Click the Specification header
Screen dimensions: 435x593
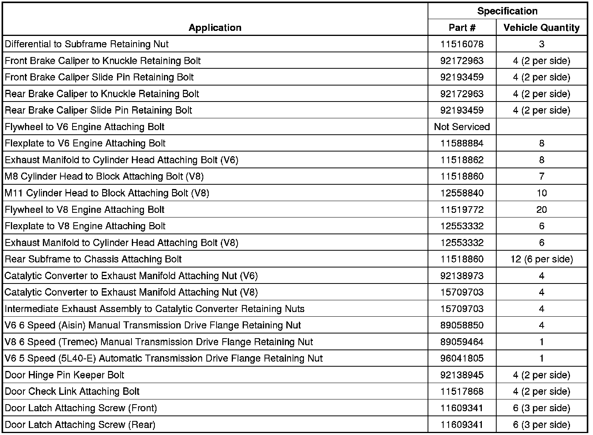tap(507, 11)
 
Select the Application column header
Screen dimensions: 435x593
tap(215, 27)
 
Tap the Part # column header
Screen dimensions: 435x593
tap(462, 27)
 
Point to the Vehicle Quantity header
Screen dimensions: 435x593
tap(542, 27)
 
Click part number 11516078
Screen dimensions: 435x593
tap(462, 44)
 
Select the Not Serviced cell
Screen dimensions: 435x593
tap(462, 127)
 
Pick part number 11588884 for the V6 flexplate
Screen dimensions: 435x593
tap(462, 143)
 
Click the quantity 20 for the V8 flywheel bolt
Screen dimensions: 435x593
tap(542, 210)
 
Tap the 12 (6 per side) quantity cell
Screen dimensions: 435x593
tap(542, 259)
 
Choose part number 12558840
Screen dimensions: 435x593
tap(462, 193)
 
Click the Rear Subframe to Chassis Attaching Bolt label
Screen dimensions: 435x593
tap(93, 259)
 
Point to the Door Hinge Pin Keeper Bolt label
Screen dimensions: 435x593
tap(64, 375)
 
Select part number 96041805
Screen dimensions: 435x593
tap(462, 358)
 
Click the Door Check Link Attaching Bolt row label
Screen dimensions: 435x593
tap(72, 392)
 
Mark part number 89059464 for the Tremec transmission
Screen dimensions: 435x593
tap(462, 342)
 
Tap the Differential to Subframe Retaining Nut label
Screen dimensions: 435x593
tap(87, 44)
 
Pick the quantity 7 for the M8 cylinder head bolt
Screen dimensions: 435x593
tap(542, 176)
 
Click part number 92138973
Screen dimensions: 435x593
tap(462, 276)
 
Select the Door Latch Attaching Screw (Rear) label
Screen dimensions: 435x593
tap(80, 425)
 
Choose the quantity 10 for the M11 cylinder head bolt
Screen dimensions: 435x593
tap(542, 193)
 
